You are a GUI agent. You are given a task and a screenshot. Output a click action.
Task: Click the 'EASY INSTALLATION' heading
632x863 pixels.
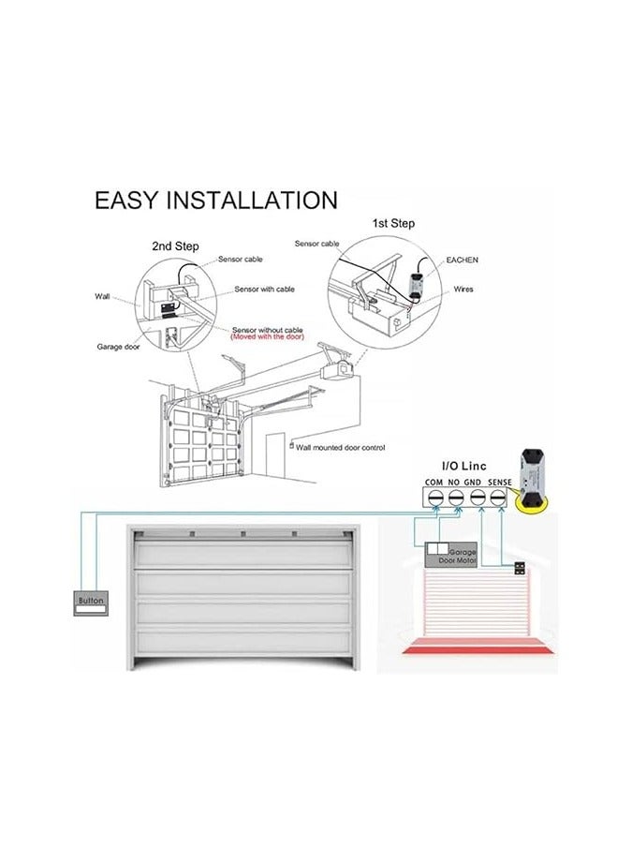216,200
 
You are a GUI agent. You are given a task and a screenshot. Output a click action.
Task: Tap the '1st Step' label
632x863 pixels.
393,223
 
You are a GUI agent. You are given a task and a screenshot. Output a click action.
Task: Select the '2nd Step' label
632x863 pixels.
175,246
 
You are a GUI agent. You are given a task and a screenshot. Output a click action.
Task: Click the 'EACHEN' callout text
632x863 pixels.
462,260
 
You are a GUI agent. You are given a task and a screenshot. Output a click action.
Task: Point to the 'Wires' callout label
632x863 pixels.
463,289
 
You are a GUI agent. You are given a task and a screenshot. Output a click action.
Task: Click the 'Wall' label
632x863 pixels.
102,297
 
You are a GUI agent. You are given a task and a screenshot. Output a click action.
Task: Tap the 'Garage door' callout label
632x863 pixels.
118,347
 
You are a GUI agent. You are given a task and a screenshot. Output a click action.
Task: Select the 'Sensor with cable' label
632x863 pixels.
265,289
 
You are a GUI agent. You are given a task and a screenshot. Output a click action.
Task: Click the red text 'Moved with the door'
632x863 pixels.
268,336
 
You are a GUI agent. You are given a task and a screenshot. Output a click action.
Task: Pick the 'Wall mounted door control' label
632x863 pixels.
341,448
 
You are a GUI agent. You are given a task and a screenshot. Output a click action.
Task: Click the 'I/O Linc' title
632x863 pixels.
464,467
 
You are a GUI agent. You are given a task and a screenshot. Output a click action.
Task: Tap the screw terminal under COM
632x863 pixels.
435,498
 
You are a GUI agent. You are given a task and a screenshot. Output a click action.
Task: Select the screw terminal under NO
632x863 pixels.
455,498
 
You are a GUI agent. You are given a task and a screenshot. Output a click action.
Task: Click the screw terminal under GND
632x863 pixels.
477,498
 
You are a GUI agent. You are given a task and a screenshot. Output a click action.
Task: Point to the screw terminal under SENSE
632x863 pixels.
498,498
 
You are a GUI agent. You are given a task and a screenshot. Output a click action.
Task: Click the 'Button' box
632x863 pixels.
91,603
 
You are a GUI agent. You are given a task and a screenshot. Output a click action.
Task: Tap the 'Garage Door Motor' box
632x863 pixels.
451,556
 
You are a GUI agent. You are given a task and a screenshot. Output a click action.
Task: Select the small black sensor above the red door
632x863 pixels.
520,569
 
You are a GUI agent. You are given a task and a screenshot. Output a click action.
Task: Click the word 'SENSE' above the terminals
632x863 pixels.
499,483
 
